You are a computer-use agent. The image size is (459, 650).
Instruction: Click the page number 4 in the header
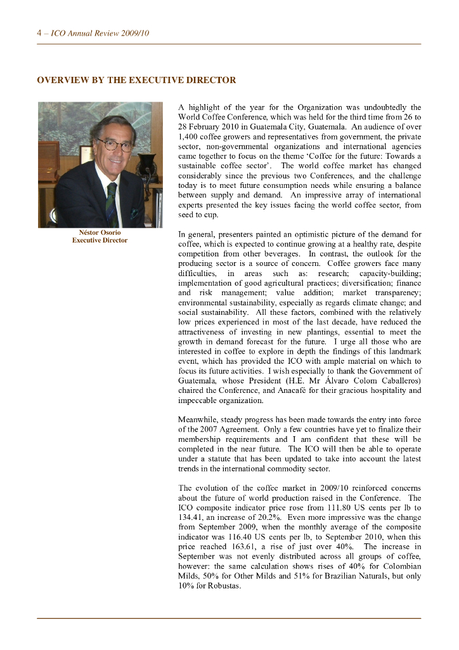tap(39, 33)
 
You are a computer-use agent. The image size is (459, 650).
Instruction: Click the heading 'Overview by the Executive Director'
tap(136, 81)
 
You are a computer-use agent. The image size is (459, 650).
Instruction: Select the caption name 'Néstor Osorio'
tap(100, 232)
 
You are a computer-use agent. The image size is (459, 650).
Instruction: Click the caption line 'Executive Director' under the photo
tap(100, 241)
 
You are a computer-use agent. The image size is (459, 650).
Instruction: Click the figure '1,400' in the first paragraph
tap(188, 136)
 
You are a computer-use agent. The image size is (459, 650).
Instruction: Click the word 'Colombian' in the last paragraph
tap(401, 566)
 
